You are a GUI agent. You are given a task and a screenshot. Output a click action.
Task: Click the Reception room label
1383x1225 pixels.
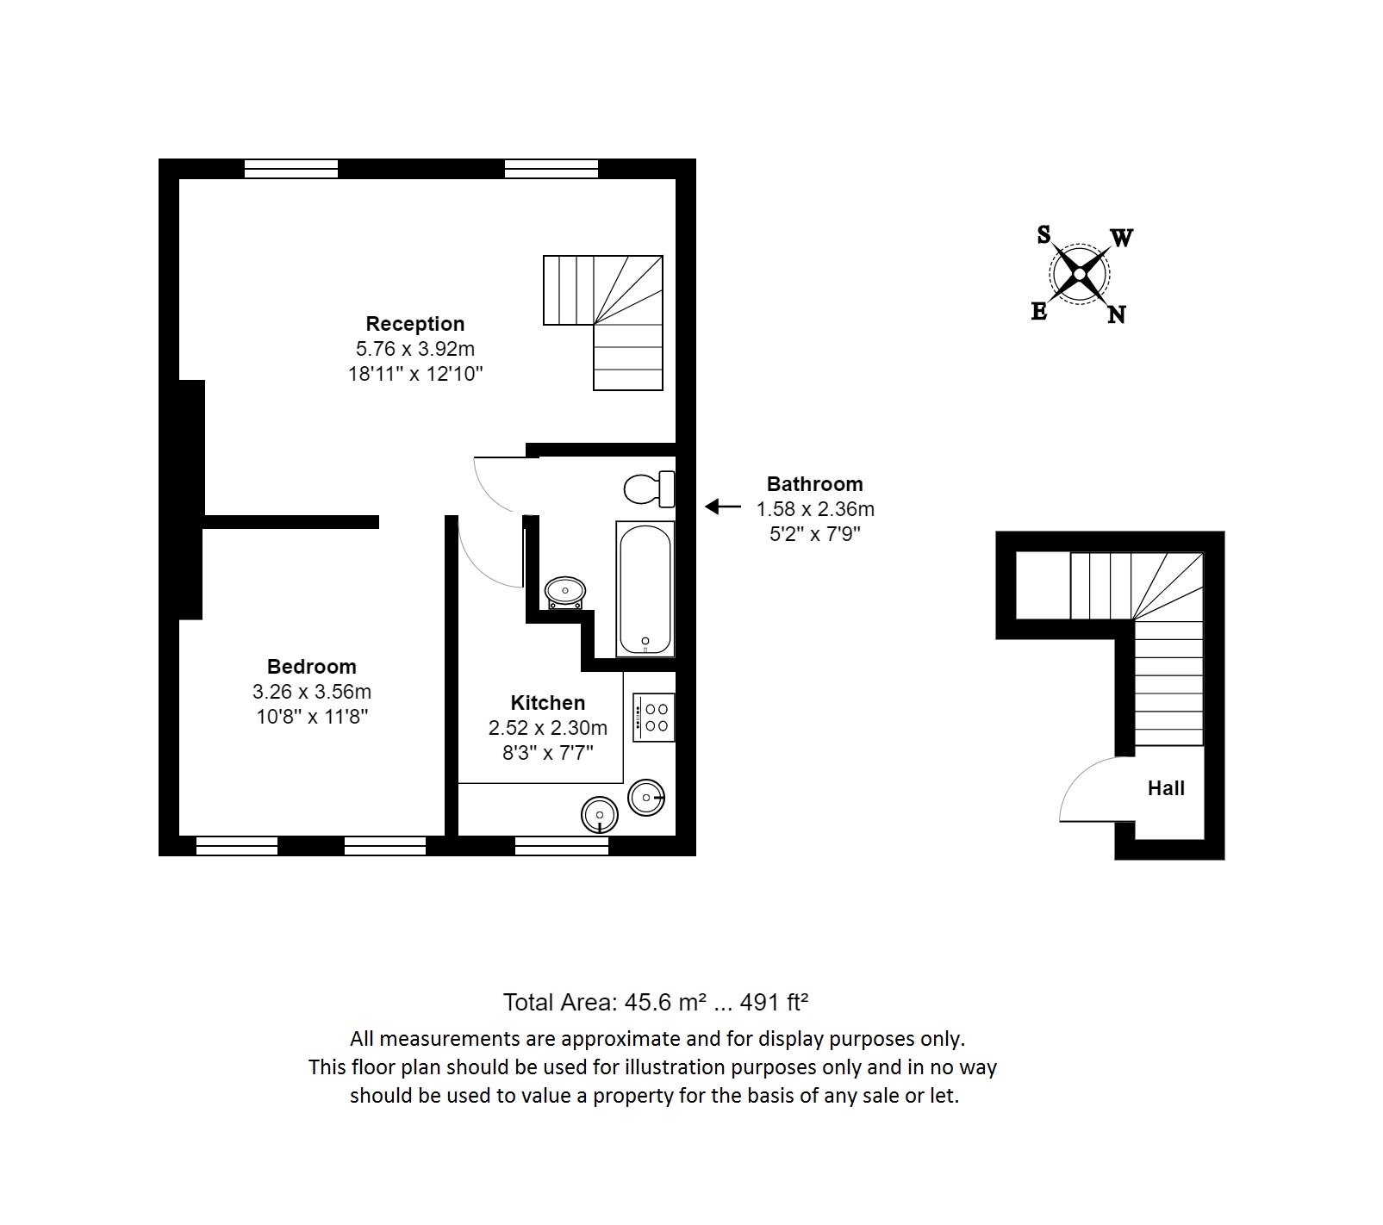coord(414,324)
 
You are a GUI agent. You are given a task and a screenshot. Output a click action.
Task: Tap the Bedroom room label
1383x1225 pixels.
coord(311,666)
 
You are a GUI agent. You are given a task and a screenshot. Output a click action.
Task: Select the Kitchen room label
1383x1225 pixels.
coord(547,702)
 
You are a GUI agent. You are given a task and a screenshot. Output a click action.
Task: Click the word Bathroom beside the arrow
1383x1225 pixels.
coord(814,484)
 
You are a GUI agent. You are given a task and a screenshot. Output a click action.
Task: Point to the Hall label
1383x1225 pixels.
coord(1165,787)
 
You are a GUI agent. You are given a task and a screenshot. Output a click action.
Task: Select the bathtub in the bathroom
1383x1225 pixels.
coord(645,589)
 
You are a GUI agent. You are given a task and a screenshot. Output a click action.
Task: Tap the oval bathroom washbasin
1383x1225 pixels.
coord(565,592)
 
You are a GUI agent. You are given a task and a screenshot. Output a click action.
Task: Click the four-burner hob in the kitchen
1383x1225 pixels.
coord(654,718)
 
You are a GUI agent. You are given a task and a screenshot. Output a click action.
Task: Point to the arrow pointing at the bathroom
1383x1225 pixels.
coord(722,507)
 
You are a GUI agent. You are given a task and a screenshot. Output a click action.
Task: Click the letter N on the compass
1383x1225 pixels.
coord(1116,315)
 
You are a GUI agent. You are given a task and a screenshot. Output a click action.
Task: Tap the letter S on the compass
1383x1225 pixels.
coord(1043,234)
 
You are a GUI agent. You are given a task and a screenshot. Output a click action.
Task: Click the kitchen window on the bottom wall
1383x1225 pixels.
coord(561,847)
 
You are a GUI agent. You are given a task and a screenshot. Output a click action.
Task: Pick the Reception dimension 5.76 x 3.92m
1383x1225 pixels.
coord(414,349)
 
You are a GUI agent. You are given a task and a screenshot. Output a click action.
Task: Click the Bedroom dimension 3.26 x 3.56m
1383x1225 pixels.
coord(311,691)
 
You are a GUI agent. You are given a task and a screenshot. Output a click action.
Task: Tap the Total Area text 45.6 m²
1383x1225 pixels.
coord(655,1002)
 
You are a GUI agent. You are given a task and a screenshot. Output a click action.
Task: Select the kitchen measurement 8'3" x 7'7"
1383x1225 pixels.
coord(547,752)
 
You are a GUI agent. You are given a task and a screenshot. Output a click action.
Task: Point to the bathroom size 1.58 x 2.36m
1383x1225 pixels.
coord(814,509)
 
